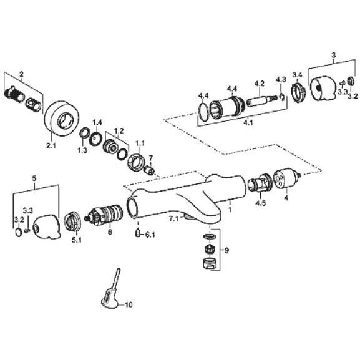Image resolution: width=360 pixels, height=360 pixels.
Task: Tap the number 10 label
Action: click(x=129, y=305)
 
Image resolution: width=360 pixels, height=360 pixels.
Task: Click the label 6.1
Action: click(x=150, y=235)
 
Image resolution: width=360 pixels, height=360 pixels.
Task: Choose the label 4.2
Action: click(x=259, y=83)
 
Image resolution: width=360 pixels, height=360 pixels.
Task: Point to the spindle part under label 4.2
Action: click(x=261, y=99)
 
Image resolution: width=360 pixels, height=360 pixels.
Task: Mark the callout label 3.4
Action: click(x=298, y=75)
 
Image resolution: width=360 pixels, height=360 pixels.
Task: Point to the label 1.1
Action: click(x=140, y=143)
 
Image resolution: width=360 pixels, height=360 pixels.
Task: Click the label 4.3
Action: click(x=281, y=79)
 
